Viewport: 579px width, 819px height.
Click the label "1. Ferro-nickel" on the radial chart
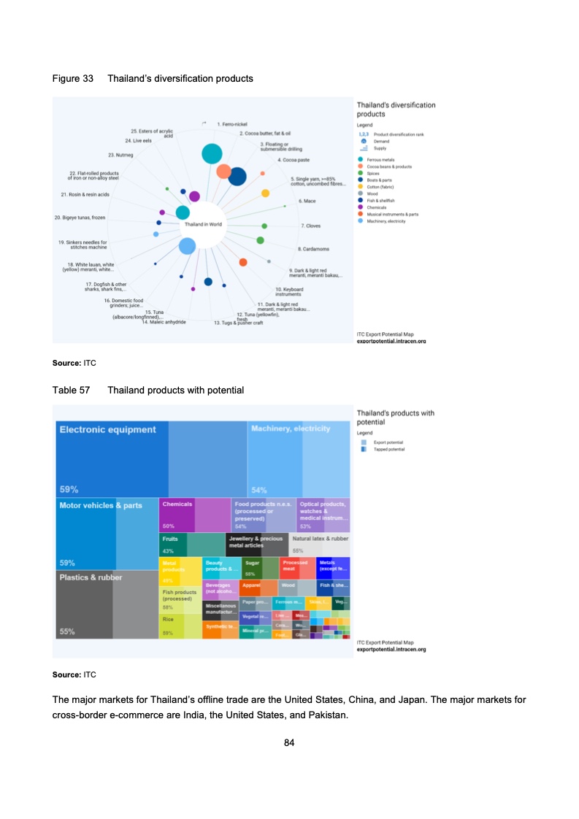(235, 125)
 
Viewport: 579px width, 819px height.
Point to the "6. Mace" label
(307, 199)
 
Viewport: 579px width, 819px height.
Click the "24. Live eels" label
(138, 140)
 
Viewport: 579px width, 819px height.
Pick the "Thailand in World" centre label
(203, 224)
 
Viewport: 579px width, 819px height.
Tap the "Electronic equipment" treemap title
(107, 430)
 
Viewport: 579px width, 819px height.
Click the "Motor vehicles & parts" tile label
(101, 505)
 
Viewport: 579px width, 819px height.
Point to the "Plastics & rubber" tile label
(91, 577)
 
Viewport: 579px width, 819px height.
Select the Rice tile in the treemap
(168, 619)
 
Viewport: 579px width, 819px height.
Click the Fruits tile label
(170, 539)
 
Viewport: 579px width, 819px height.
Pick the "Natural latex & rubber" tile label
(320, 539)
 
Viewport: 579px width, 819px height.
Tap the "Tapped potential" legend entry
(388, 450)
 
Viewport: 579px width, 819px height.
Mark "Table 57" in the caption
(71, 391)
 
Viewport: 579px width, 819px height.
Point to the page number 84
(289, 743)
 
